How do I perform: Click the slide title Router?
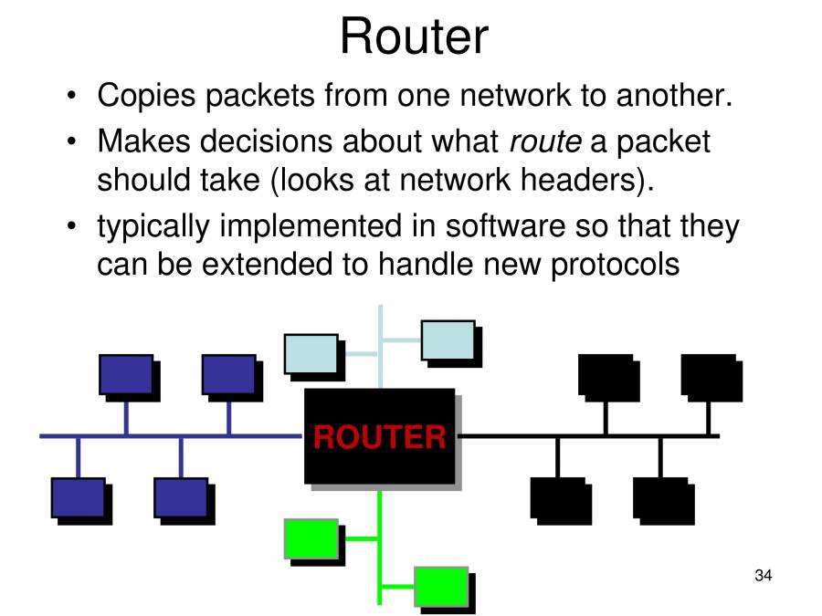coord(414,37)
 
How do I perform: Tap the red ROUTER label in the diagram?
coord(379,437)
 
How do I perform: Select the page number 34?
coord(764,576)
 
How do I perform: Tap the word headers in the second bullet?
coord(580,179)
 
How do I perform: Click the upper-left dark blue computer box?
coord(126,374)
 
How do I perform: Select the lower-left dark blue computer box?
coord(78,497)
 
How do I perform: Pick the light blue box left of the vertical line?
coord(311,354)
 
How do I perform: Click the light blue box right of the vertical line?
coord(448,339)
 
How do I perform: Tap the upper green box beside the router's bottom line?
coord(311,538)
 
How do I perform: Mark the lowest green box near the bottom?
coord(441,587)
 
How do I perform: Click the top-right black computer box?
coord(708,374)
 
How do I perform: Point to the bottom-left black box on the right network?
coord(557,497)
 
